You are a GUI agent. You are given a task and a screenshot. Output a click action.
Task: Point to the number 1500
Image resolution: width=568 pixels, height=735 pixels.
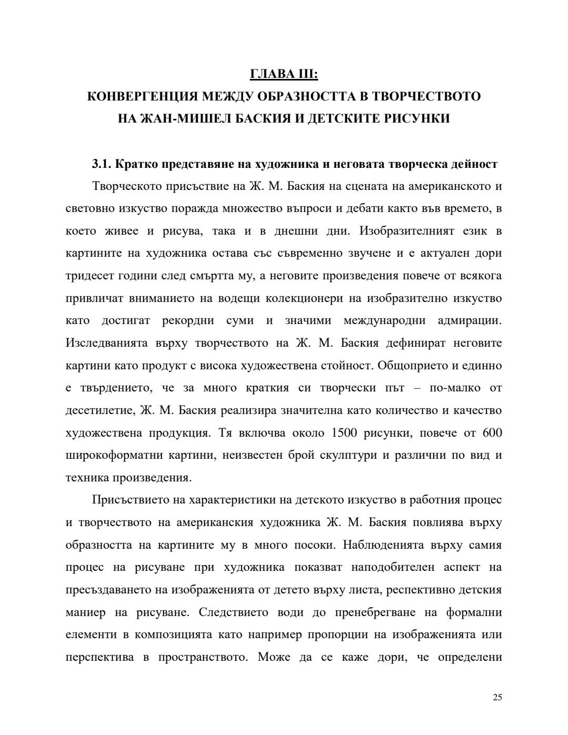pyautogui.click(x=345, y=433)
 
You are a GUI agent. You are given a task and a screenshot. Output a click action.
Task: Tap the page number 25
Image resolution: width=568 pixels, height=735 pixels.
pyautogui.click(x=498, y=698)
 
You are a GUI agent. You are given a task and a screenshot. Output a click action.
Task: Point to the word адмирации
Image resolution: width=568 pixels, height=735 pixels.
pyautogui.click(x=469, y=320)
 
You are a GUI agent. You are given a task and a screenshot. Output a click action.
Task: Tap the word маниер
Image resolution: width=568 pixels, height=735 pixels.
pyautogui.click(x=86, y=612)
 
